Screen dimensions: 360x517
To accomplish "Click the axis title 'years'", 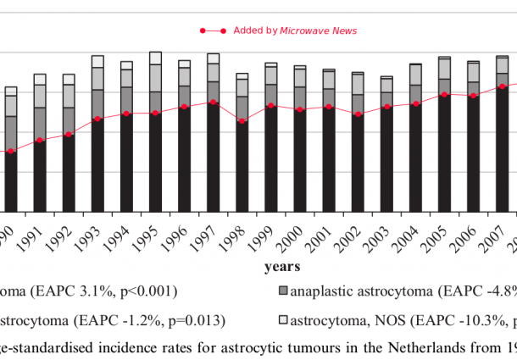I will [x=281, y=267].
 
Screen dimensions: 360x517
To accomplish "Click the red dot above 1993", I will [x=97, y=119].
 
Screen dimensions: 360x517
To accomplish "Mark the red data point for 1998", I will [x=242, y=121].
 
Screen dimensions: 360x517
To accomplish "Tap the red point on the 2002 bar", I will [x=359, y=114].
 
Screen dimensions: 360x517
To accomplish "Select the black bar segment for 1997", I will [x=214, y=157].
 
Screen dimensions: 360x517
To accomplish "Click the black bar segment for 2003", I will [x=387, y=159].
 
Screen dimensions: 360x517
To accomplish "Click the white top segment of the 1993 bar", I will [x=97, y=61].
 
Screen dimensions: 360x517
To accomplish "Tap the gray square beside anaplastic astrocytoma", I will [x=283, y=292].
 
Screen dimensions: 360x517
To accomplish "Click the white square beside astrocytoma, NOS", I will [x=283, y=320].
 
